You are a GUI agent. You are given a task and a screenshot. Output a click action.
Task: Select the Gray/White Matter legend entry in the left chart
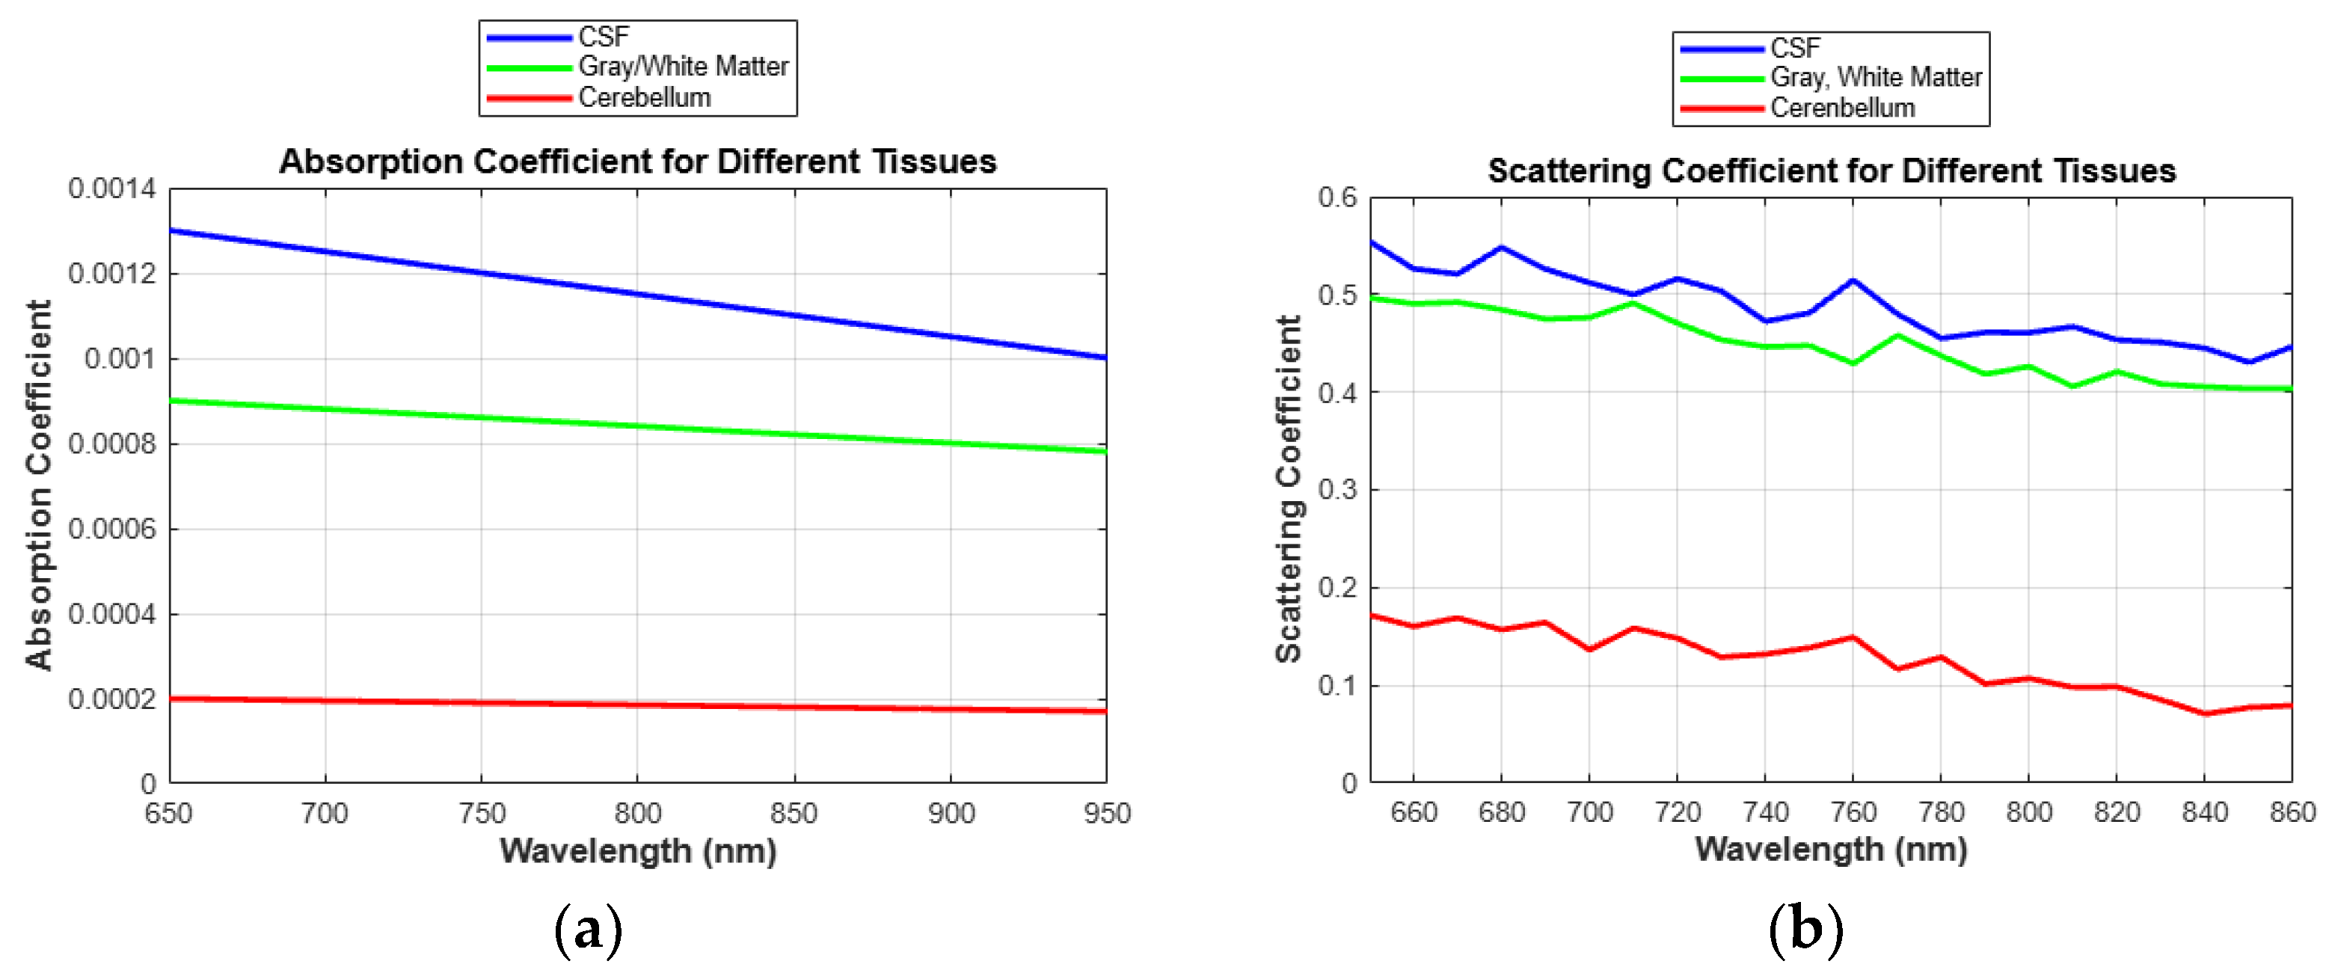pyautogui.click(x=683, y=67)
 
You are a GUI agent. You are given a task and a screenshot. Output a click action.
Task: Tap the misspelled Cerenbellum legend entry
pyautogui.click(x=1841, y=108)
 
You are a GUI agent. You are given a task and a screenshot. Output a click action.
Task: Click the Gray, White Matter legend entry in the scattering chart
pyautogui.click(x=1875, y=78)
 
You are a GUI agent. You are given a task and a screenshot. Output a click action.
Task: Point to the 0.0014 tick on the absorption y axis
pyautogui.click(x=111, y=189)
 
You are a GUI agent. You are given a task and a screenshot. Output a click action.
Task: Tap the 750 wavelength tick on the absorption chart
pyautogui.click(x=481, y=814)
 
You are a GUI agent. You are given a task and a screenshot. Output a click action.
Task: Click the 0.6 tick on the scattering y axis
pyautogui.click(x=1337, y=197)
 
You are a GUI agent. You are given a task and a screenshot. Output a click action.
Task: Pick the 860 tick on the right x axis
pyautogui.click(x=2292, y=812)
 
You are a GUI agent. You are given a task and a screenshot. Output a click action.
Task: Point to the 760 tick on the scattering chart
pyautogui.click(x=1853, y=812)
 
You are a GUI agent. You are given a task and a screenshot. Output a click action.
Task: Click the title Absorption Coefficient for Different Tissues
pyautogui.click(x=637, y=162)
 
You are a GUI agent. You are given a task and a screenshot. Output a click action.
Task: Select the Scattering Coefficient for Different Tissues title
pyautogui.click(x=1831, y=171)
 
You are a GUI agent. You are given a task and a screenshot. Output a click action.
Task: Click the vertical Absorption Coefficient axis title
pyautogui.click(x=38, y=485)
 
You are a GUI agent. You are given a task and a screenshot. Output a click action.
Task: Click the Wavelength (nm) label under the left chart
pyautogui.click(x=637, y=851)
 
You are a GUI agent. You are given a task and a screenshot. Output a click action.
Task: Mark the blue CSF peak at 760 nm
pyautogui.click(x=1853, y=281)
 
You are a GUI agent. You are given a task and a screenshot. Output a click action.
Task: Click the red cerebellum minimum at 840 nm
pyautogui.click(x=2204, y=714)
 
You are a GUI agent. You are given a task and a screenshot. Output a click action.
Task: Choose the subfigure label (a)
pyautogui.click(x=588, y=930)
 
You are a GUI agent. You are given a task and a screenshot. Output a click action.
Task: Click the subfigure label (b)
pyautogui.click(x=1805, y=930)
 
